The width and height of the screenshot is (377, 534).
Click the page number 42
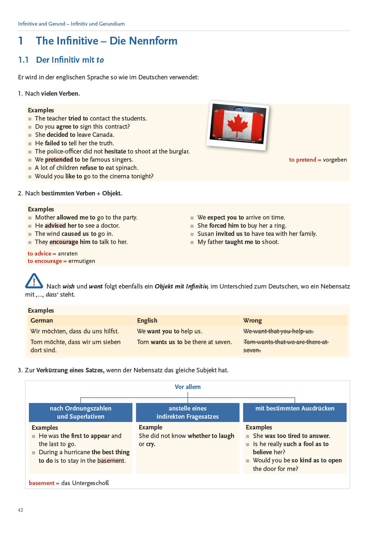tap(20, 510)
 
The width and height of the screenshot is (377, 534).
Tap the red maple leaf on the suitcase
tap(237, 125)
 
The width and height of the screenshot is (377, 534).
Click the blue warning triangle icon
tap(34, 281)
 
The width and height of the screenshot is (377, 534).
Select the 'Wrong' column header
tap(253, 320)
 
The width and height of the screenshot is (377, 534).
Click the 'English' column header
tap(147, 320)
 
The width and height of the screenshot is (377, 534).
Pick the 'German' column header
tap(41, 320)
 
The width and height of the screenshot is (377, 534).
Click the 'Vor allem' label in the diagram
tap(187, 387)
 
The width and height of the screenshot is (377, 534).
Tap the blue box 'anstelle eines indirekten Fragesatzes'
tap(187, 412)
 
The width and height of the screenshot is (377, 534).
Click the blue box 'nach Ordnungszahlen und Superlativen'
tap(80, 412)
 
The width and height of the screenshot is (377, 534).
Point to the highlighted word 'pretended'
tap(59, 159)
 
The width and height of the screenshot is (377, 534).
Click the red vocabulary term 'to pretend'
tap(302, 160)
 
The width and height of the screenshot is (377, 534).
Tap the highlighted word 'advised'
tap(55, 225)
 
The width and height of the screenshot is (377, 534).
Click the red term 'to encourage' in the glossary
tap(44, 261)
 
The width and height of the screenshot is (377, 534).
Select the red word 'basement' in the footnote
tap(41, 483)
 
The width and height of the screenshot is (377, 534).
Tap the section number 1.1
tap(23, 60)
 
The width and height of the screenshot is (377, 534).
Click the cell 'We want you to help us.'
tap(170, 331)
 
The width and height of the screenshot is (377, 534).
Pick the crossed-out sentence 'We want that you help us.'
tap(278, 331)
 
